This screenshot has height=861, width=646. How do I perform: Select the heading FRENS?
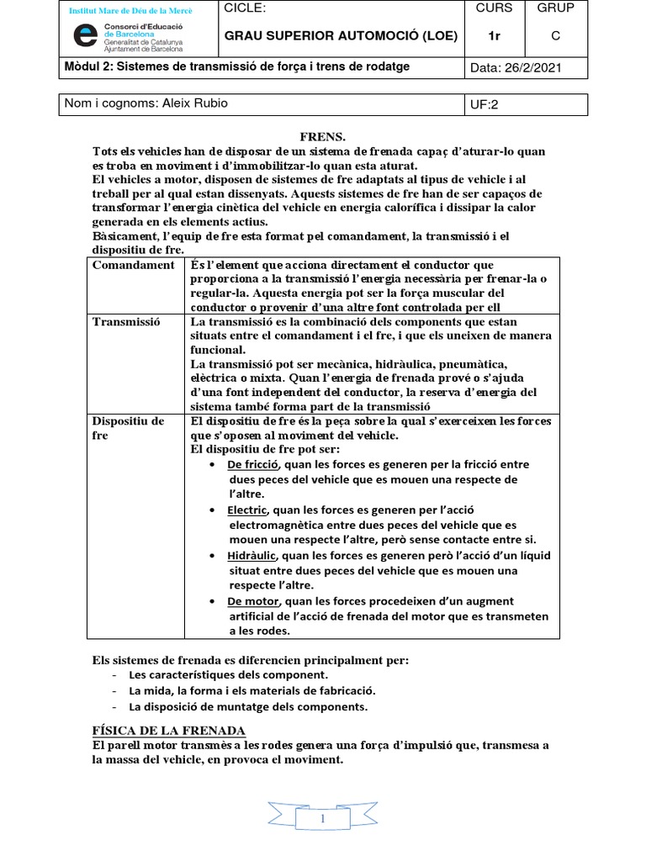(323, 136)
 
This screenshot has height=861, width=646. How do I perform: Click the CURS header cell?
(494, 9)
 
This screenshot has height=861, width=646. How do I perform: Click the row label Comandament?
(134, 265)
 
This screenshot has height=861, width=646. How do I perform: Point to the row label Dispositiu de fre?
(128, 428)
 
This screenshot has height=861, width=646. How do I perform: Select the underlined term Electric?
(247, 510)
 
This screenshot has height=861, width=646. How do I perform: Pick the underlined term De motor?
(253, 601)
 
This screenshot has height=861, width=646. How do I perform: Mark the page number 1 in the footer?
(323, 818)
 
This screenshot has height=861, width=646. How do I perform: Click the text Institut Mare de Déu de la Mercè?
(130, 11)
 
